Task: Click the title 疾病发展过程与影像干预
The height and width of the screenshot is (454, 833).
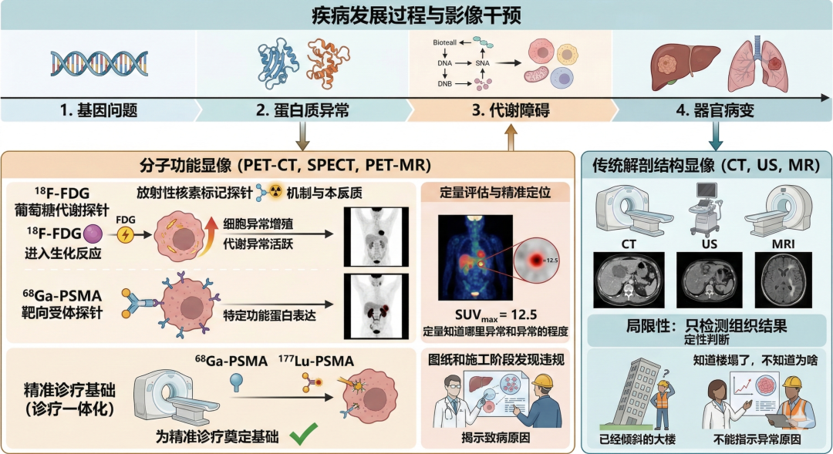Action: click(x=416, y=15)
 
